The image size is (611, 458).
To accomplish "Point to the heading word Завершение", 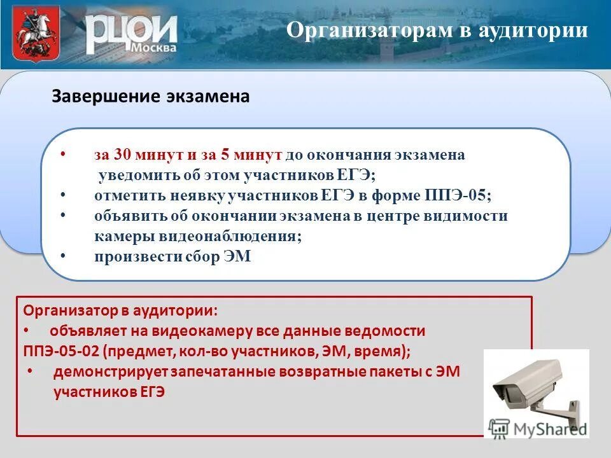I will (x=96, y=96).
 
